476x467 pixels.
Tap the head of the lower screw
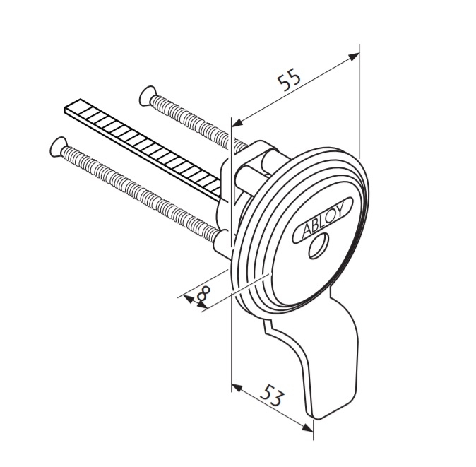(57, 147)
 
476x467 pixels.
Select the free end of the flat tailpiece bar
(73, 106)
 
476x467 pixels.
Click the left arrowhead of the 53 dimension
(237, 388)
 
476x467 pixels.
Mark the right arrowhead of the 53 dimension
(307, 427)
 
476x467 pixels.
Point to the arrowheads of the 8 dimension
(194, 302)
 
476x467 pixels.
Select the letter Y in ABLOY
(340, 209)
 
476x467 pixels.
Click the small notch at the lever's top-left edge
(266, 326)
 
